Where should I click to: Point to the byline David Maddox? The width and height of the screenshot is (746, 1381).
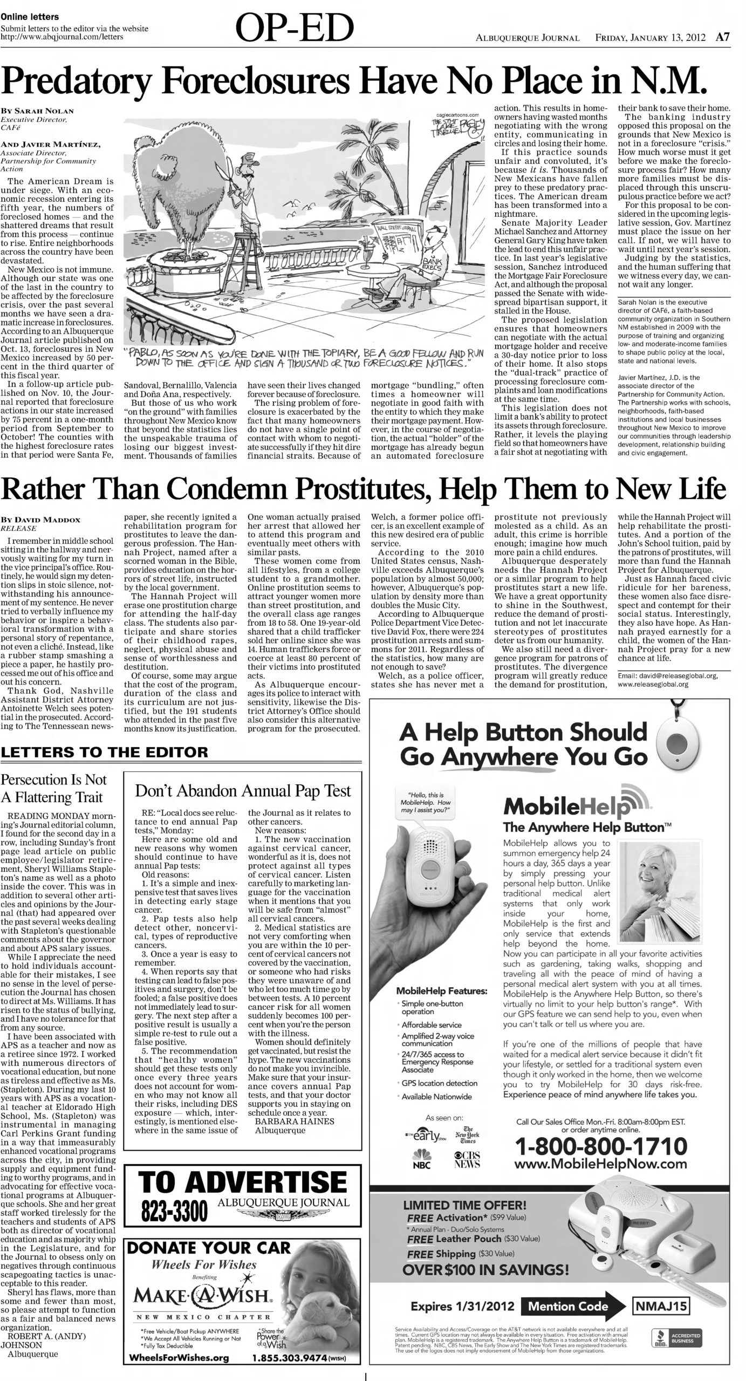[41, 519]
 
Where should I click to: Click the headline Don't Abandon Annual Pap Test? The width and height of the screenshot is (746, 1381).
[242, 791]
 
